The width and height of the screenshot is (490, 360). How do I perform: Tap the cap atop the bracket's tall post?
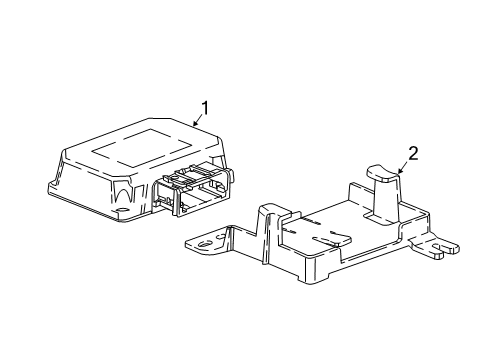click(383, 172)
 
